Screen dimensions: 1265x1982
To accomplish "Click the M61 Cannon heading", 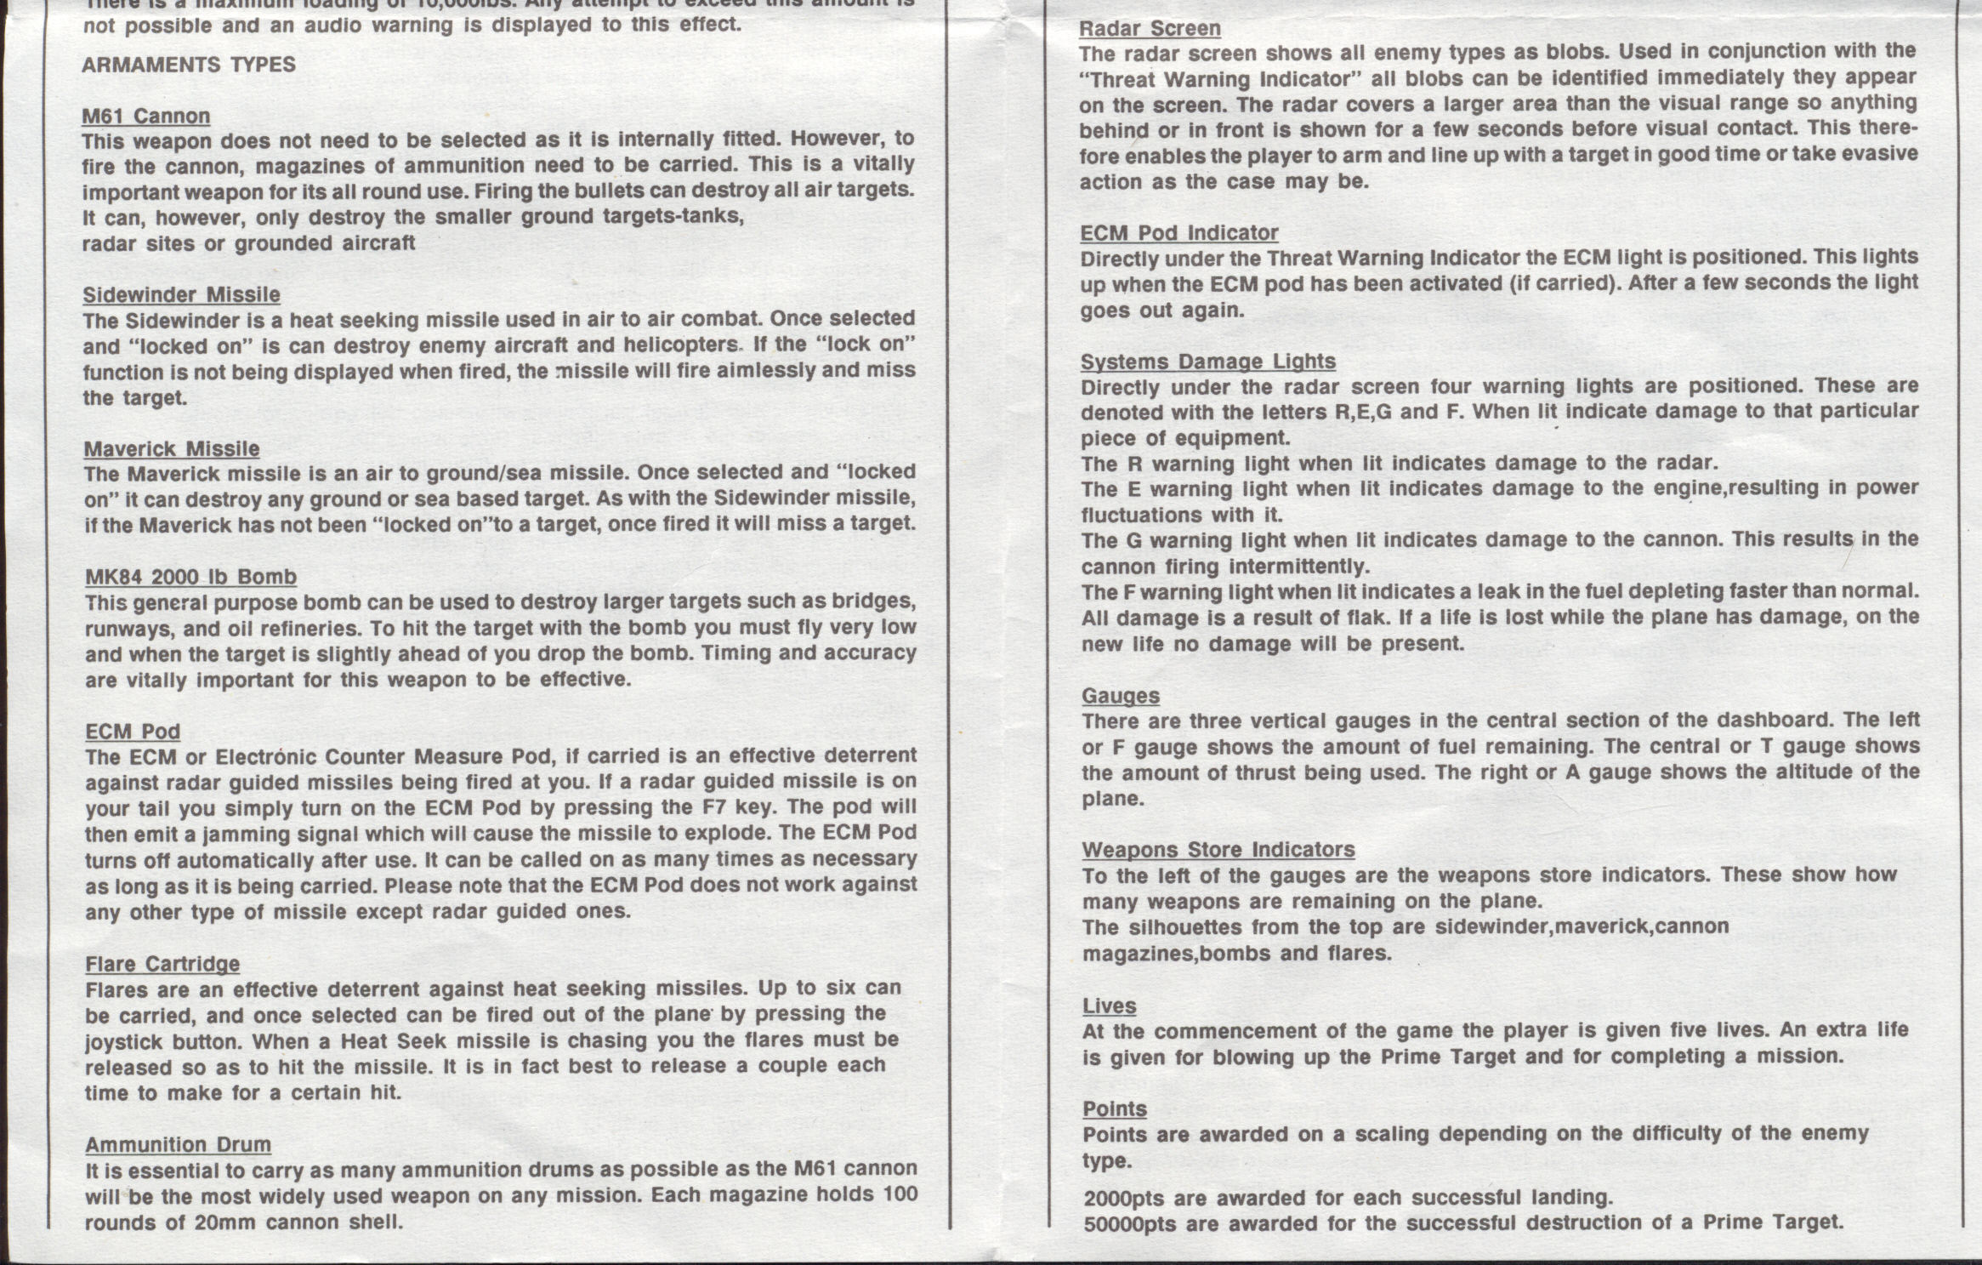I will (x=146, y=116).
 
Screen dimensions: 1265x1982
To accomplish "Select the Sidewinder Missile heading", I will (x=181, y=294).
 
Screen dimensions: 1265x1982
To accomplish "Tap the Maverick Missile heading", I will (x=172, y=448).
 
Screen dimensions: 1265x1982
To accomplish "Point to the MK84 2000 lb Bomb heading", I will (x=190, y=577).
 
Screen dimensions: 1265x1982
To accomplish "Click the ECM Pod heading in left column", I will (x=133, y=732).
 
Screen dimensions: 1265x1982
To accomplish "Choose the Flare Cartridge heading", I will (x=162, y=964).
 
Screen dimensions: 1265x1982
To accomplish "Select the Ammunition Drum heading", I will (x=178, y=1144).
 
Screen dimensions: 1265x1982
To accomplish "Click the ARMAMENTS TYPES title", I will (x=189, y=65).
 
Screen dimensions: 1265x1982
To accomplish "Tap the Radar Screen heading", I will (x=1150, y=28).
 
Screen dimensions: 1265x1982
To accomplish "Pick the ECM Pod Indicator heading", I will (x=1179, y=232).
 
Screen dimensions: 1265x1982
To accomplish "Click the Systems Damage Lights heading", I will (x=1207, y=362).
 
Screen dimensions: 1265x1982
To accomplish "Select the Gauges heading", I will (x=1121, y=696).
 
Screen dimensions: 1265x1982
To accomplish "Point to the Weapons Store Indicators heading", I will (x=1218, y=850).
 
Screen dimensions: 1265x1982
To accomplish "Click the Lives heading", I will (x=1109, y=1006).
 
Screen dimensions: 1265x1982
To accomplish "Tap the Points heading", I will (x=1114, y=1109).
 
